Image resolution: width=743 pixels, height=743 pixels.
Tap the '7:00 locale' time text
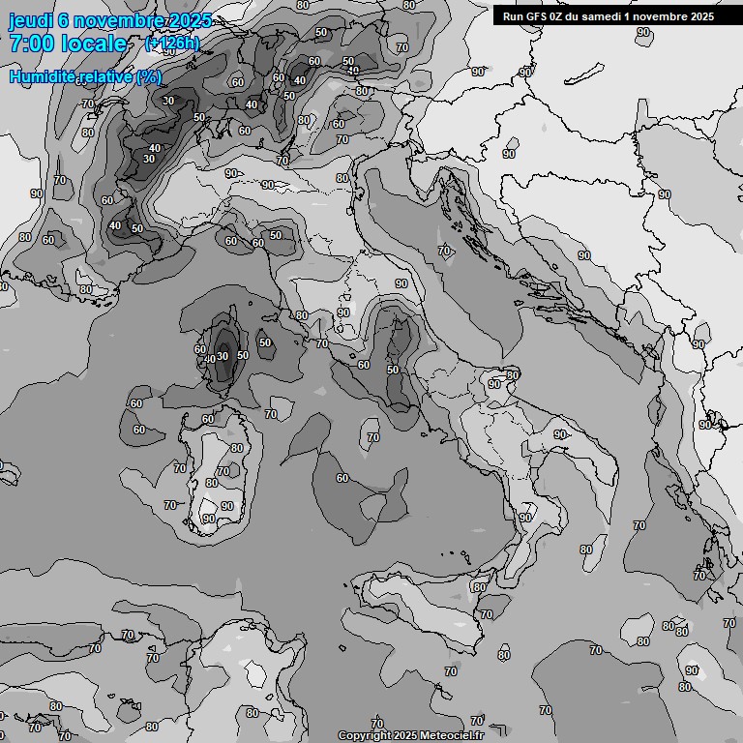[x=68, y=44]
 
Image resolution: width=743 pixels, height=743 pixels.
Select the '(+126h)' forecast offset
[x=171, y=44]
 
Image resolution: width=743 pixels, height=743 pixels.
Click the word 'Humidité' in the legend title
[x=47, y=76]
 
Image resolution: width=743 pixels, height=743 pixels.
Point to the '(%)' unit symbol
[x=149, y=76]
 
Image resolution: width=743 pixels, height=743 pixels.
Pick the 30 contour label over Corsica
[x=223, y=355]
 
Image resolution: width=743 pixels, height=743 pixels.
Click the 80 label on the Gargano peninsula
[x=513, y=374]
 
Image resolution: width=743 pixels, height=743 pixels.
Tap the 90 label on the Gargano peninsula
[x=494, y=384]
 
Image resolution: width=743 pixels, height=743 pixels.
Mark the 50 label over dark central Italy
[x=393, y=370]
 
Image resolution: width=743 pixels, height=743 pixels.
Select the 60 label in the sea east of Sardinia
[x=342, y=478]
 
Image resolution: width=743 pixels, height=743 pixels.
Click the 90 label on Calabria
[x=524, y=518]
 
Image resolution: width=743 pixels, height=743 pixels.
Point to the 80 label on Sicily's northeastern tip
[x=480, y=587]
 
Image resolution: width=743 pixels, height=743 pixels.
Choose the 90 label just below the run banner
[x=643, y=32]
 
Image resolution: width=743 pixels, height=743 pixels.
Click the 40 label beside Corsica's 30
[x=209, y=359]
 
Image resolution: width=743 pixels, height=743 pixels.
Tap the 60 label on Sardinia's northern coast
[x=208, y=419]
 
